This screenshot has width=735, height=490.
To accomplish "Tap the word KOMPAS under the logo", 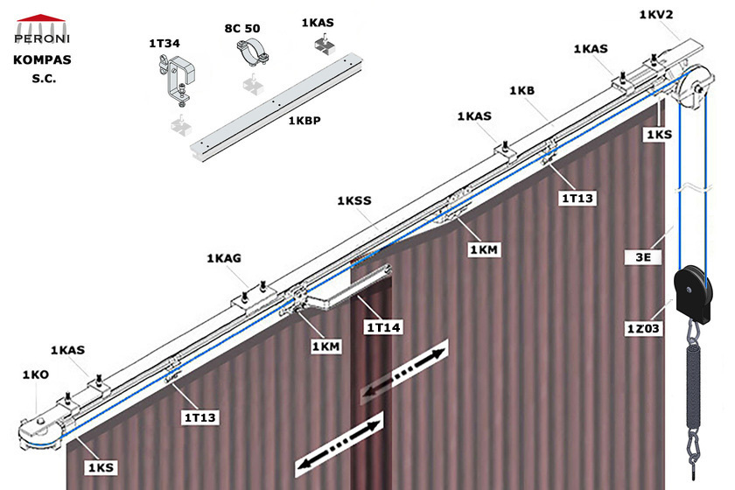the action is tap(42, 60).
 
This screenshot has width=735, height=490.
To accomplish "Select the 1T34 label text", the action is tap(164, 44).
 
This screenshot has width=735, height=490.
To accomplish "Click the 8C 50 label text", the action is tap(242, 29).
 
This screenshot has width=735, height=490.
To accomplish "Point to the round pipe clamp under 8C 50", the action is tap(252, 54).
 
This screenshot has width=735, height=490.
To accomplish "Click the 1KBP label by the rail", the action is tap(304, 121).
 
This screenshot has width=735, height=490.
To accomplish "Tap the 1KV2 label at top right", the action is tap(656, 15).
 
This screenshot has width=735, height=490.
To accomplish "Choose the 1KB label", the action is tap(522, 90).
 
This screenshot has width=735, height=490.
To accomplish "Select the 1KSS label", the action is tap(354, 200).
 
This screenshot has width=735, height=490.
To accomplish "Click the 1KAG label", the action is tap(224, 258).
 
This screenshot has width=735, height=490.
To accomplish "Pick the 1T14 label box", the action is tap(383, 327).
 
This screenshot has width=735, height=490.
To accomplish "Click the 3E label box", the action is tap(643, 257).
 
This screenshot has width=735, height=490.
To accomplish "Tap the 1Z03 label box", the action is tap(644, 328).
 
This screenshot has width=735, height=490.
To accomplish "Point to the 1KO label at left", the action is tap(36, 374).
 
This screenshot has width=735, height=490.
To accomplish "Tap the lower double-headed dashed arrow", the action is tap(339, 444).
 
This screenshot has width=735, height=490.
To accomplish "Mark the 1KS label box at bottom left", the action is tap(101, 467).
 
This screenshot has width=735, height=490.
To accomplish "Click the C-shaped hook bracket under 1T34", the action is tap(177, 77).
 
